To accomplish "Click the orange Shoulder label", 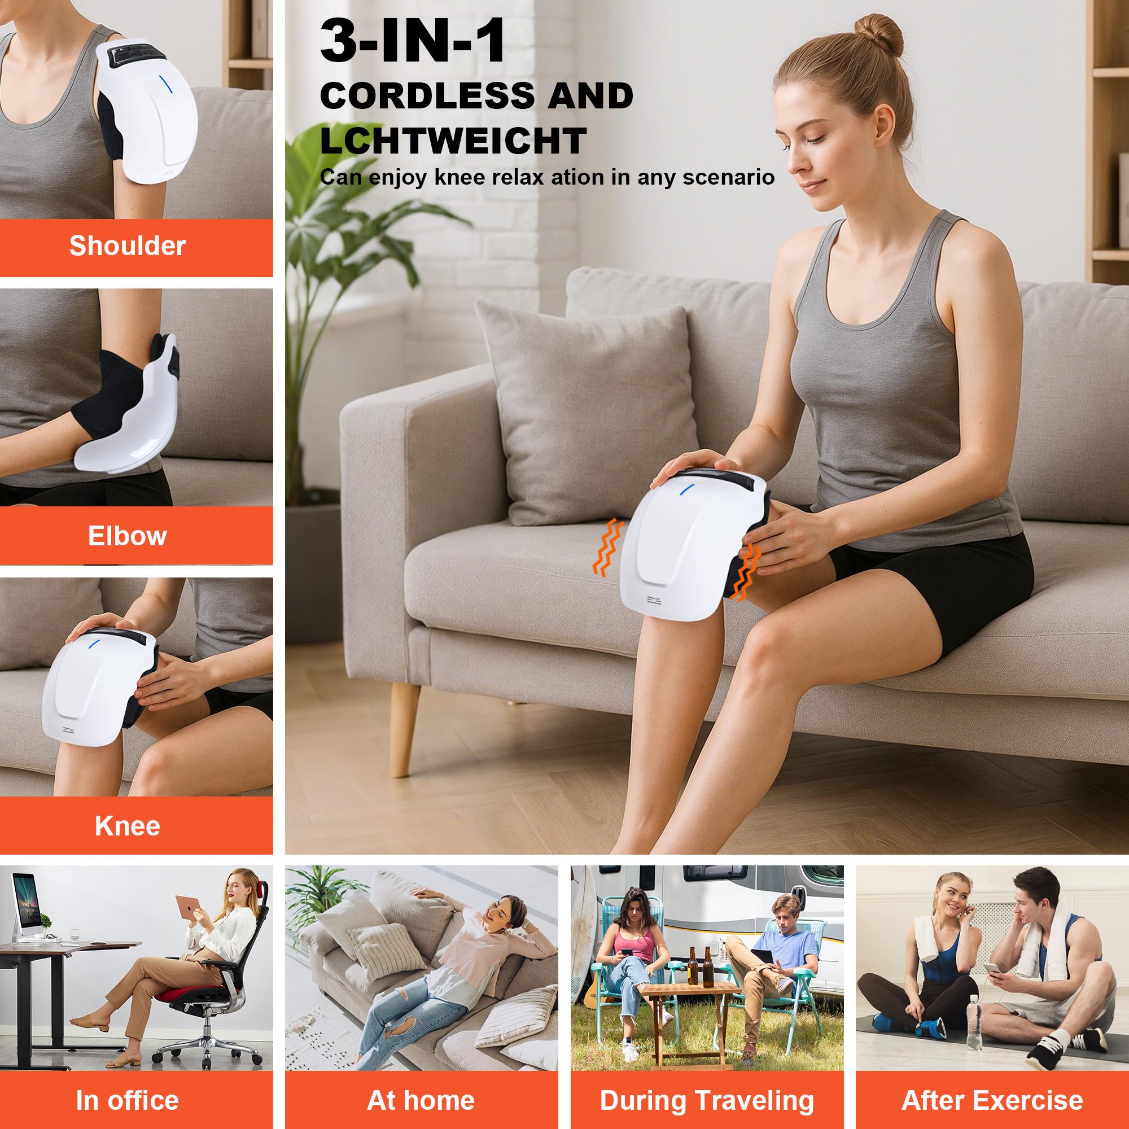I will coord(128,246).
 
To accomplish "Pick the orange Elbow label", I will coord(128,536).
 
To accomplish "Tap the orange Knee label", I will coord(128,826).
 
